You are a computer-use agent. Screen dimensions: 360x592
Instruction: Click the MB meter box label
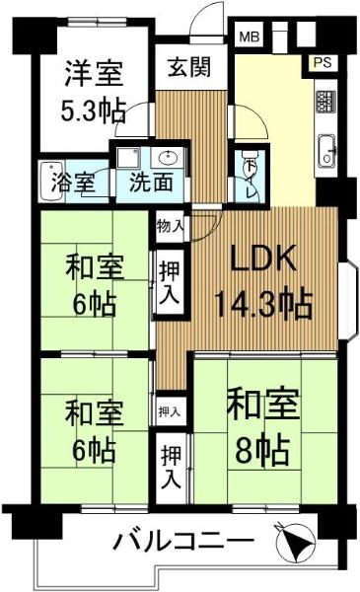[250, 37]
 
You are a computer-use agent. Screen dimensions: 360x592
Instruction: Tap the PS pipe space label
[323, 62]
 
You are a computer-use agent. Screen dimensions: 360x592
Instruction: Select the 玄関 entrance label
[189, 67]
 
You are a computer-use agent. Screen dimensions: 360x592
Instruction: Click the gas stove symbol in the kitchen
[325, 102]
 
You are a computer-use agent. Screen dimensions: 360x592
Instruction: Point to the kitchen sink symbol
[326, 151]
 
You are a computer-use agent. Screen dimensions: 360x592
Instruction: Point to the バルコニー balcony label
[183, 542]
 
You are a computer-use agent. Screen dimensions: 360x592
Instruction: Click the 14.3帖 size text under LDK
[263, 304]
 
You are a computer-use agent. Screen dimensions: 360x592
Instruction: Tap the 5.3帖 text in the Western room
[93, 111]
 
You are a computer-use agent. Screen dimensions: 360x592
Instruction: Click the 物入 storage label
[171, 226]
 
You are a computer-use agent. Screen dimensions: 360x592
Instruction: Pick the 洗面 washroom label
[151, 182]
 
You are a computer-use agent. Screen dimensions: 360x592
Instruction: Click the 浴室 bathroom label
[73, 182]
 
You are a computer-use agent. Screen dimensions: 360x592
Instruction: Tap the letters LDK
[263, 259]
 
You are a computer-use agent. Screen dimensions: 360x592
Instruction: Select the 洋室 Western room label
[94, 73]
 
